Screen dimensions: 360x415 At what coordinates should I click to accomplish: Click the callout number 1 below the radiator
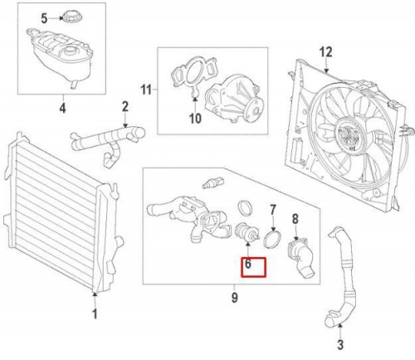(x=95, y=314)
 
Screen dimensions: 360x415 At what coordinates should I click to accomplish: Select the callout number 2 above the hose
(x=124, y=105)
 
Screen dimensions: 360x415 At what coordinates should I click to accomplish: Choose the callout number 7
(x=270, y=212)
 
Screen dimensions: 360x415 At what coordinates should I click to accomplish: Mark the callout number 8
(x=294, y=219)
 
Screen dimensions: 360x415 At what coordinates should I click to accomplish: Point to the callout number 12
(x=325, y=51)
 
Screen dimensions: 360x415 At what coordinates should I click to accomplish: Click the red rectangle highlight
(x=253, y=267)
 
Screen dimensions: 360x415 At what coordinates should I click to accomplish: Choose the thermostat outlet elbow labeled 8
(x=296, y=254)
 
